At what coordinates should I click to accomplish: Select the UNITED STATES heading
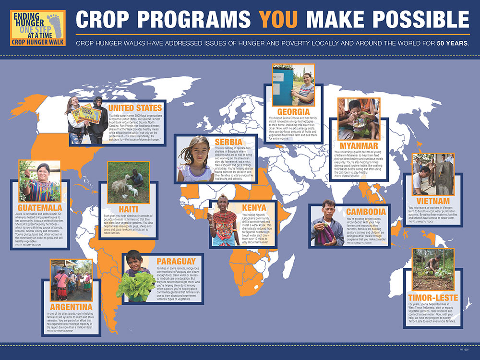pyautogui.click(x=135, y=108)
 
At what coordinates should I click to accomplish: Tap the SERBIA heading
pyautogui.click(x=228, y=142)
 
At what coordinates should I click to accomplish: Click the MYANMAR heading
pyautogui.click(x=359, y=145)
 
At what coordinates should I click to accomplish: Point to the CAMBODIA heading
pyautogui.click(x=366, y=212)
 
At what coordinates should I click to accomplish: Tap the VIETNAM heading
pyautogui.click(x=432, y=200)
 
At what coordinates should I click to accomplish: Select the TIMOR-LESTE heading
pyautogui.click(x=433, y=297)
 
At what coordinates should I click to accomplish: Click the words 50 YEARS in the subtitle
pyautogui.click(x=452, y=44)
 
